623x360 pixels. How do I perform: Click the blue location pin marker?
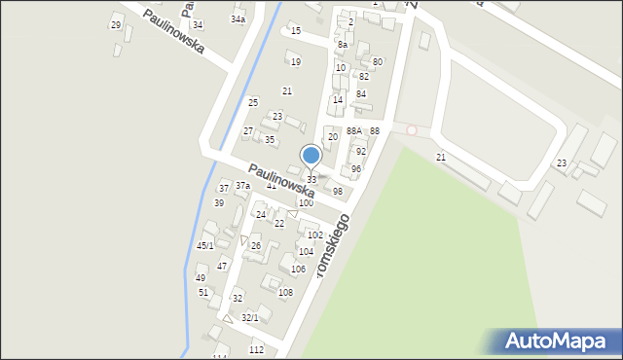coord(311,156)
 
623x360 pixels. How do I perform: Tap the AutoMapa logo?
coord(553,341)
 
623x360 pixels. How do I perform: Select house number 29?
coord(116,24)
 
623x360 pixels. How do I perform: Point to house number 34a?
coord(238,18)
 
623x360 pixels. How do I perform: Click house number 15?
coord(296,31)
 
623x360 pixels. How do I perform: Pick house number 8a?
coord(343,45)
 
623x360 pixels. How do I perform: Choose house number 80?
coord(378,61)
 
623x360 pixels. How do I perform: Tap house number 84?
coord(361,93)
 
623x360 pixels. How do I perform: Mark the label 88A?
coord(353,130)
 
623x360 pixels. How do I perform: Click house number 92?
coord(361,151)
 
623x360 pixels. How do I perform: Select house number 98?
coord(338,191)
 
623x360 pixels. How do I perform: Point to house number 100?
coord(306,202)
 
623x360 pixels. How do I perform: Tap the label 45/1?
coord(204,245)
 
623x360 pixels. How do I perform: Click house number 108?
coord(285,292)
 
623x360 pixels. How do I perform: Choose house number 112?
coord(256,349)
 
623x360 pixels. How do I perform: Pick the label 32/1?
coord(250,317)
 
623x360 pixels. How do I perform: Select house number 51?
coord(203,292)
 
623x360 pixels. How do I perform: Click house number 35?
coord(270,139)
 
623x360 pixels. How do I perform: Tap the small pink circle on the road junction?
coord(412,129)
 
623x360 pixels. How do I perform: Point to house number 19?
coord(296,61)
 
